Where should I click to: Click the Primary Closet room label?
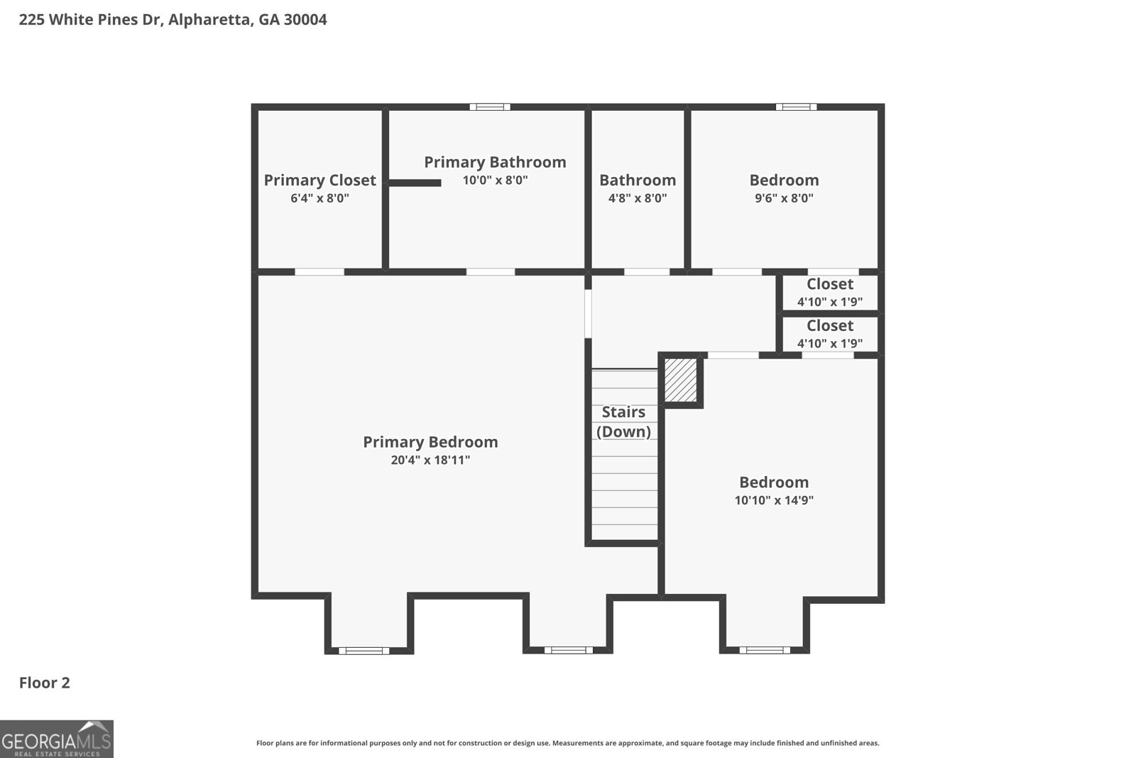coord(319,180)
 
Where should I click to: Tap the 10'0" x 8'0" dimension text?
coord(495,180)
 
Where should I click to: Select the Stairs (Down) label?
coord(623,422)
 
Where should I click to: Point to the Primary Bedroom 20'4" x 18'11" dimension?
coord(430,460)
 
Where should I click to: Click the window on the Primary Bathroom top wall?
coord(490,107)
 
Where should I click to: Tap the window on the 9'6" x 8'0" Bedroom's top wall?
coord(796,107)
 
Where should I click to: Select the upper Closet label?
coord(829,284)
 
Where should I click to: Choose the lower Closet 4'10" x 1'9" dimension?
coord(829,344)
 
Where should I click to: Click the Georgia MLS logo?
coord(56,740)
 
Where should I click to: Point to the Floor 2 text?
coord(44,683)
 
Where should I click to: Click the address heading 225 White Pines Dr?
coord(173,20)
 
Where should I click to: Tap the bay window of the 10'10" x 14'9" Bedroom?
coord(765,649)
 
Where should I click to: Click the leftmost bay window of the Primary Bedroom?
coord(364,650)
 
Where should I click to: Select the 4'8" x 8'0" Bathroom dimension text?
coord(637,198)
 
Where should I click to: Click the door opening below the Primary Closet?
coord(319,271)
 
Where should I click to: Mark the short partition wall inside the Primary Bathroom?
coord(415,183)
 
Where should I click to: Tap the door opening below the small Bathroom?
coord(646,271)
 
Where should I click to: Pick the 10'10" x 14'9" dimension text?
coord(774,500)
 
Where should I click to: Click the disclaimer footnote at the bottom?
coord(567,743)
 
